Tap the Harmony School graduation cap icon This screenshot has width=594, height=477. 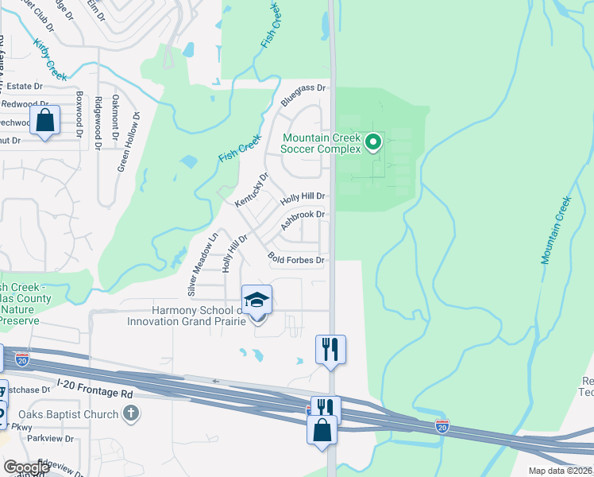(x=256, y=301)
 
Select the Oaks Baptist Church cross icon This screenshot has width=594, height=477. (x=132, y=413)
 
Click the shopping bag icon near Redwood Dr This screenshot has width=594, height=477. (x=45, y=121)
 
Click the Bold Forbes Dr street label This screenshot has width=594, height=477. (x=297, y=259)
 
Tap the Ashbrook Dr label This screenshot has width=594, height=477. (x=303, y=220)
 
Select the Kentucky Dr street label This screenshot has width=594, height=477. (x=252, y=191)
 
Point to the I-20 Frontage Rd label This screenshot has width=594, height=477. (x=95, y=394)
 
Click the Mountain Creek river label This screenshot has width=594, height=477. (x=557, y=231)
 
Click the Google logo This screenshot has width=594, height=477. (x=26, y=467)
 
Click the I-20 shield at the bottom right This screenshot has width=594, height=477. (x=442, y=426)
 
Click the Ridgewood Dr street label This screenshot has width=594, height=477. (x=98, y=122)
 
